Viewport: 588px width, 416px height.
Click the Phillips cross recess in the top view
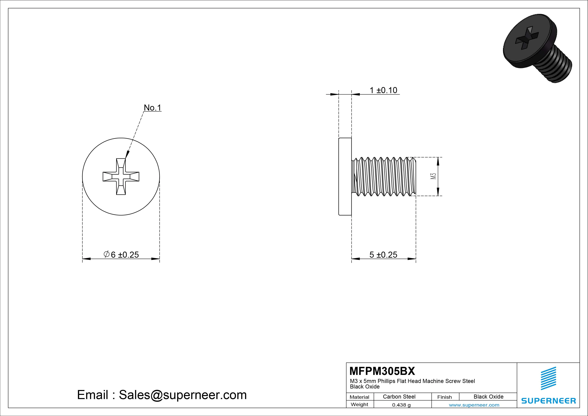click(x=121, y=177)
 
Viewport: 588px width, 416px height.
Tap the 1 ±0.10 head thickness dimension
click(x=383, y=90)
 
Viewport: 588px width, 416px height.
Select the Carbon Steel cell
click(x=399, y=397)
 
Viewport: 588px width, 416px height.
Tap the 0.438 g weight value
click(x=401, y=405)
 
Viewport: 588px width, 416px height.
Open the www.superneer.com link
click(x=474, y=405)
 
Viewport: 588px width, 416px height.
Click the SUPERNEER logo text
click(x=548, y=401)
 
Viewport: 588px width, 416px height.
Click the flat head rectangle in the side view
click(x=345, y=177)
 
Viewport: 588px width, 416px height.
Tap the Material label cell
click(x=359, y=397)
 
